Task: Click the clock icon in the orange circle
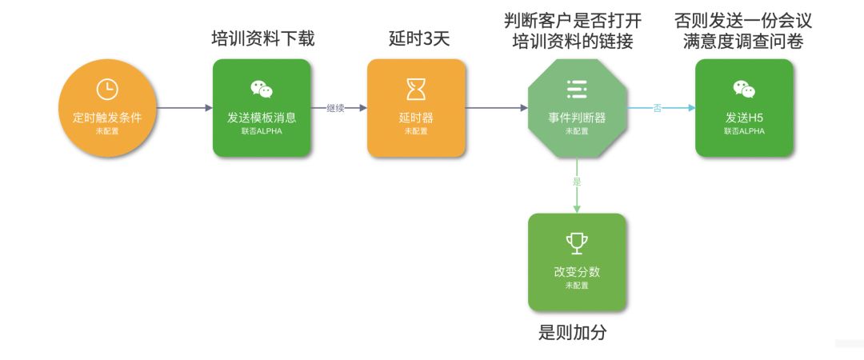[106, 90]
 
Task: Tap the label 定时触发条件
[106, 118]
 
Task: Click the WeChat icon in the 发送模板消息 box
[262, 89]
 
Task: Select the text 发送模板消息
[262, 118]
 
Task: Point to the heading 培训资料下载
[262, 38]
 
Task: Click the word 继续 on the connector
[336, 108]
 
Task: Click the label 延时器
[416, 118]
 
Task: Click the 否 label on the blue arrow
[658, 108]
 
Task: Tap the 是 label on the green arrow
[576, 182]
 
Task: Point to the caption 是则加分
[572, 333]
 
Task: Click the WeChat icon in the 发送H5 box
[744, 89]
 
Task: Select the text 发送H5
[744, 118]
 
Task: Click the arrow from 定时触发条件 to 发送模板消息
[184, 107]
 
